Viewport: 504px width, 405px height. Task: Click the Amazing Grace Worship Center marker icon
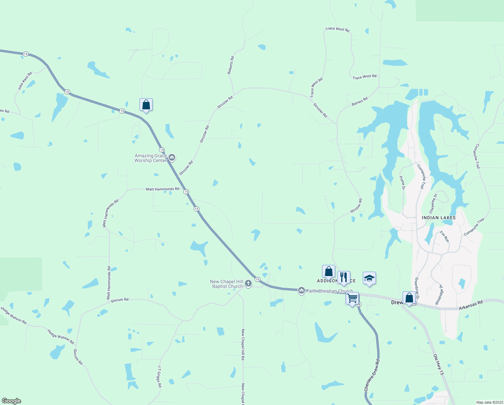172,157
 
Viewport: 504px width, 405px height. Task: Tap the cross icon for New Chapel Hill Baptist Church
248,283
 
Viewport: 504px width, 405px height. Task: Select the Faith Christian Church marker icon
302,290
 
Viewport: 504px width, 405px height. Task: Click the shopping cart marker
352,298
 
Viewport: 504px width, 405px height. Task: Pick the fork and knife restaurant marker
344,277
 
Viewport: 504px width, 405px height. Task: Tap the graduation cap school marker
369,278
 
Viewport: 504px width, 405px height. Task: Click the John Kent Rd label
25,81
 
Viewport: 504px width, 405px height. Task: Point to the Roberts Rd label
230,65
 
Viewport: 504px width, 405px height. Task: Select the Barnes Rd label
359,101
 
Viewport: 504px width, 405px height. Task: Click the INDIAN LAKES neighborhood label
439,218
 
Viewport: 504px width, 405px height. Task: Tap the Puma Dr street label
402,183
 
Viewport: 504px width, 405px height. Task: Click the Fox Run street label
444,237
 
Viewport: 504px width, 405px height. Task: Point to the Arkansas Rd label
471,305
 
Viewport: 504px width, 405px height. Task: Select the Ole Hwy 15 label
439,364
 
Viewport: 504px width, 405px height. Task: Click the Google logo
11,401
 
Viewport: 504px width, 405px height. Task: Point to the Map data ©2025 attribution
489,402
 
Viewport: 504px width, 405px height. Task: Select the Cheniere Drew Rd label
372,376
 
